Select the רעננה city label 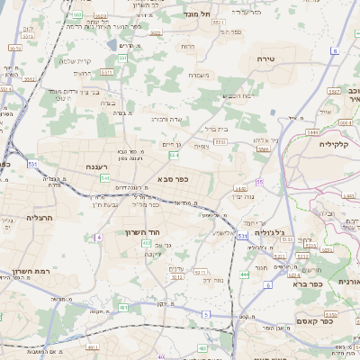100,167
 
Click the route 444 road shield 244,273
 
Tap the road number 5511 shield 107,72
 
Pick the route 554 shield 174,155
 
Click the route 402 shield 146,242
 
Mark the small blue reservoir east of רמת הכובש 271,112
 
